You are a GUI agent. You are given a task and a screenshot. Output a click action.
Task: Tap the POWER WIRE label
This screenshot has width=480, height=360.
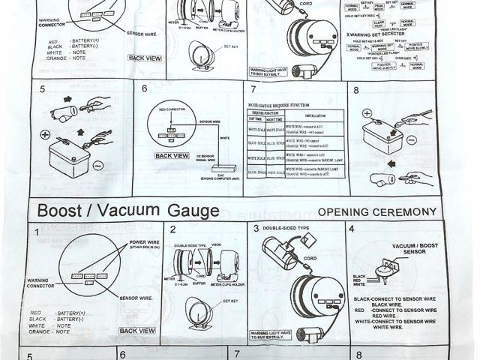(x=147, y=243)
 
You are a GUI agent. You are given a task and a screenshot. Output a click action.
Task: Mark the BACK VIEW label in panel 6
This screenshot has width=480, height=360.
(x=172, y=156)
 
